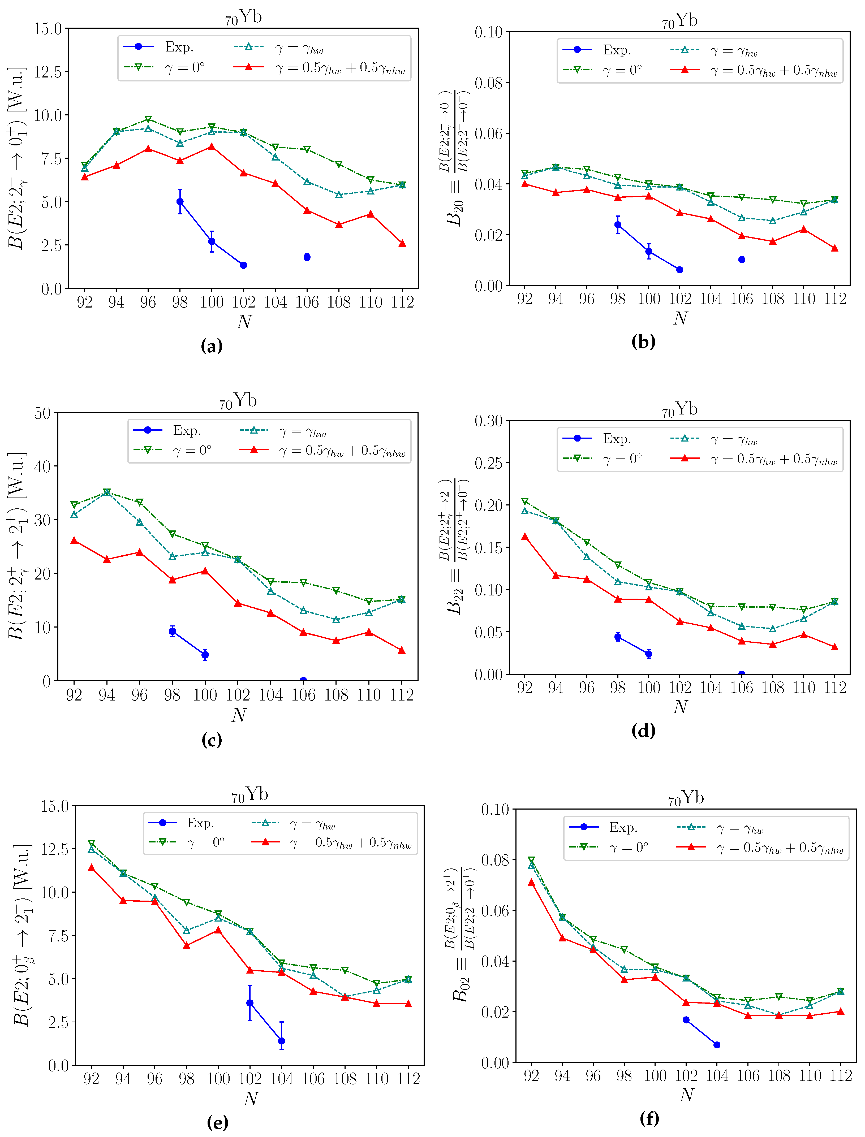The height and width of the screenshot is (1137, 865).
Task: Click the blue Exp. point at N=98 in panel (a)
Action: point(180,202)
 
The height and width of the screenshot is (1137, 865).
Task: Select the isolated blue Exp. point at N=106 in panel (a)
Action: point(307,257)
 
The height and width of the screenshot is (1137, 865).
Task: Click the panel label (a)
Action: point(212,346)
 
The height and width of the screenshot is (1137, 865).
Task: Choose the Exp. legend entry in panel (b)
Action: point(603,50)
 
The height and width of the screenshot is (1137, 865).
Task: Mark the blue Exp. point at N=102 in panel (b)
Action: point(680,270)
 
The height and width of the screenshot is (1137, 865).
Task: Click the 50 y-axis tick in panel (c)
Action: point(42,413)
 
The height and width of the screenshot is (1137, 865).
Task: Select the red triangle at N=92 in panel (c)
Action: point(74,541)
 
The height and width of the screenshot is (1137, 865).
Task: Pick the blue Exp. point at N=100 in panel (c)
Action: point(205,655)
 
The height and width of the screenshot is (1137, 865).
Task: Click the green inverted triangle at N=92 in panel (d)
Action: point(525,501)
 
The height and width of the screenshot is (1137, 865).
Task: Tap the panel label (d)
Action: point(643,730)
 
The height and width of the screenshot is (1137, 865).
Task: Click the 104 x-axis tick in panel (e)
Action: point(282,1078)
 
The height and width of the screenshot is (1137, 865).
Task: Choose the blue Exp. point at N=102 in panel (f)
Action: point(686,1020)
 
